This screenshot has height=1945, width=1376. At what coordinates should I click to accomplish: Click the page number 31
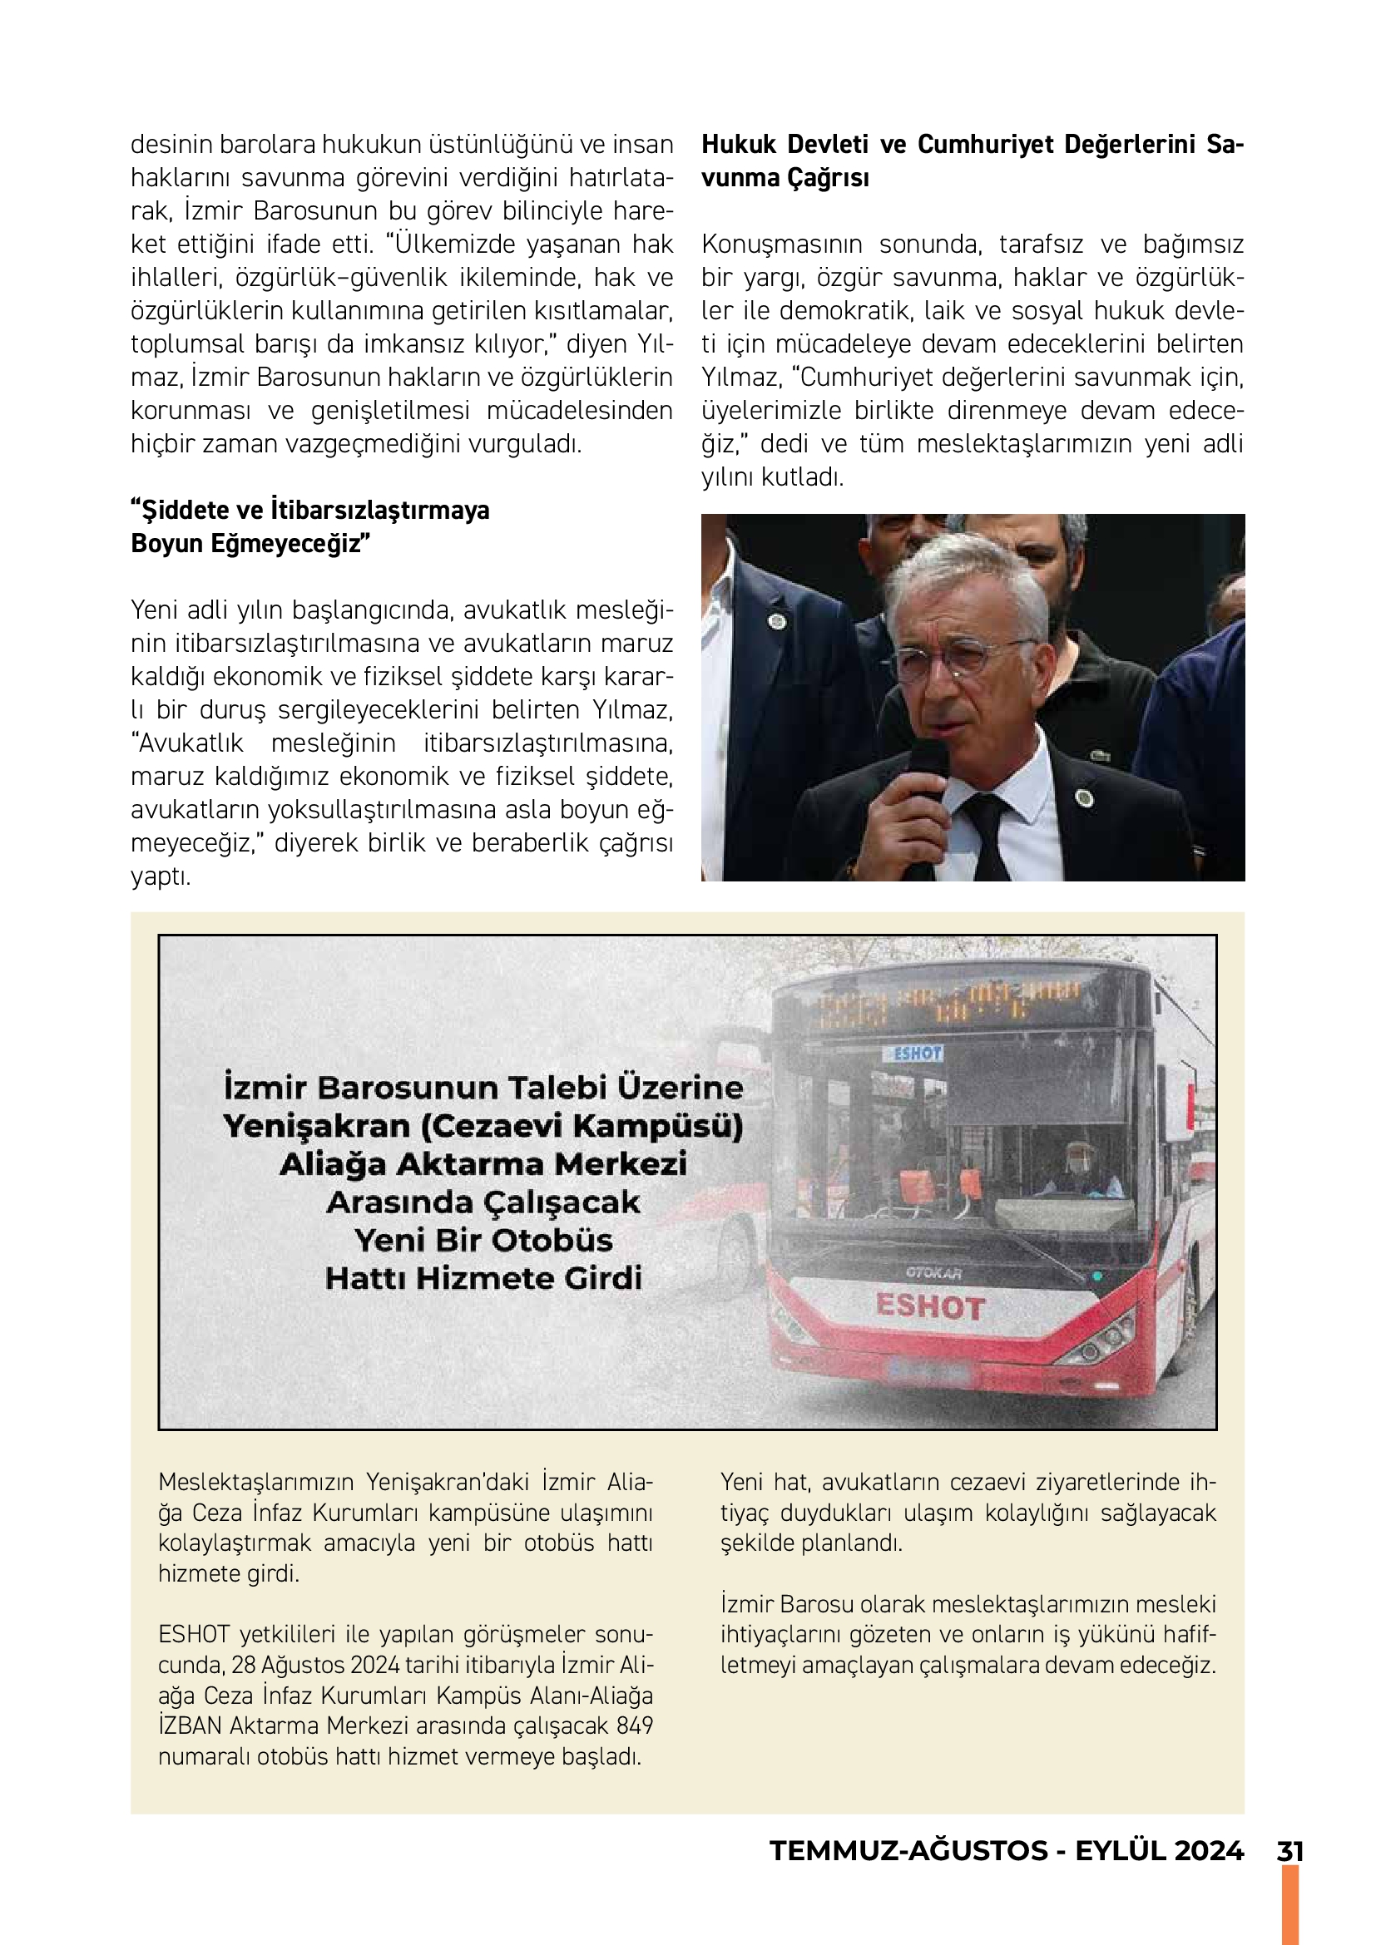[x=1289, y=1851]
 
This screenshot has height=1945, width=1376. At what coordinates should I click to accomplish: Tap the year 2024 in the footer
[x=1209, y=1851]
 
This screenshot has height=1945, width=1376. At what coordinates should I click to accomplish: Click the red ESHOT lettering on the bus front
[x=929, y=1306]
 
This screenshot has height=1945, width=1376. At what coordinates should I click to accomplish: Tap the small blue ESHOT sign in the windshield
[x=916, y=1053]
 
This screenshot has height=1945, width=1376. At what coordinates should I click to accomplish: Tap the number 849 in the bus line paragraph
[x=635, y=1725]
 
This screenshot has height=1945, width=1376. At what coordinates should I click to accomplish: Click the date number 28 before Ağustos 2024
[x=243, y=1665]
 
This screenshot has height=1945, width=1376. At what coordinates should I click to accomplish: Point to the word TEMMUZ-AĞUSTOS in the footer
[x=908, y=1851]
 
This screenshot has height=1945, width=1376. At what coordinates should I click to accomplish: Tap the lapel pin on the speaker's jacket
[x=1084, y=798]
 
